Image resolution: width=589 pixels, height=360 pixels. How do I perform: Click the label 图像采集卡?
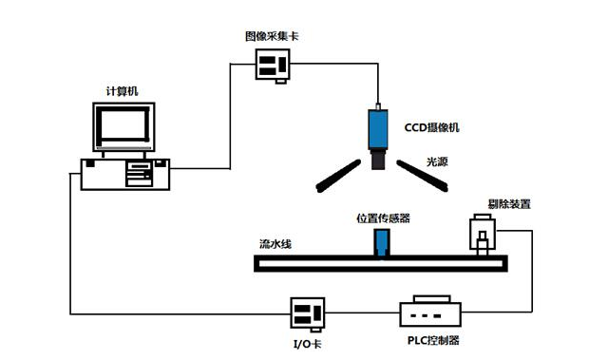272,37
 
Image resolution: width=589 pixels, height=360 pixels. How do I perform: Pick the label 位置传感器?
383,218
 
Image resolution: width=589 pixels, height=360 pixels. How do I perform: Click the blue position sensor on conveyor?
380,242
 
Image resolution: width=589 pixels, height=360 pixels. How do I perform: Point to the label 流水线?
275,244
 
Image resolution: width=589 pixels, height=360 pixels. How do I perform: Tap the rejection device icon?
484,235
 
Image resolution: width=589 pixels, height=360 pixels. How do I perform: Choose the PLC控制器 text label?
432,340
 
